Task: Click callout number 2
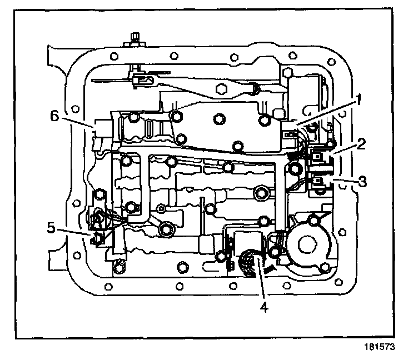click(x=361, y=146)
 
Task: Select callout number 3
click(x=362, y=181)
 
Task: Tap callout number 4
click(x=265, y=306)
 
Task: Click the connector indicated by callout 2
click(x=319, y=157)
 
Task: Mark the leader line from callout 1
click(x=325, y=116)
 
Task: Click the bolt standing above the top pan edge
click(x=133, y=41)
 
